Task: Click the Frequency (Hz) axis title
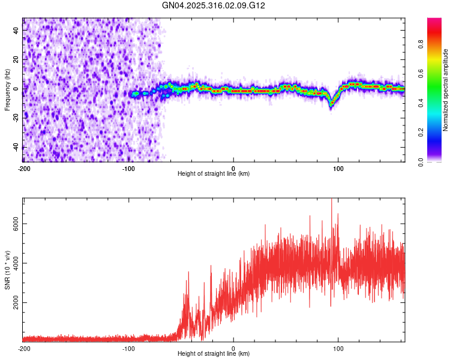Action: [x=7, y=90]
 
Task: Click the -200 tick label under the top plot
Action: [x=24, y=169]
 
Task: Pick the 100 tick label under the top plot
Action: [x=338, y=169]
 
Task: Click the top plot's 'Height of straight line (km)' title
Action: [x=214, y=174]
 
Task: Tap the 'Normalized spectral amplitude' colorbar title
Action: [x=446, y=90]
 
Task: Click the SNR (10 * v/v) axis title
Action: [x=7, y=269]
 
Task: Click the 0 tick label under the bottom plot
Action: [x=233, y=349]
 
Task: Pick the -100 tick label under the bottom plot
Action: [x=128, y=349]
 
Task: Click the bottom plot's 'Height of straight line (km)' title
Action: [x=214, y=354]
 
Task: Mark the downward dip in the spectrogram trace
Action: [x=331, y=103]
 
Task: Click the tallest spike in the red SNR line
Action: [x=331, y=200]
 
